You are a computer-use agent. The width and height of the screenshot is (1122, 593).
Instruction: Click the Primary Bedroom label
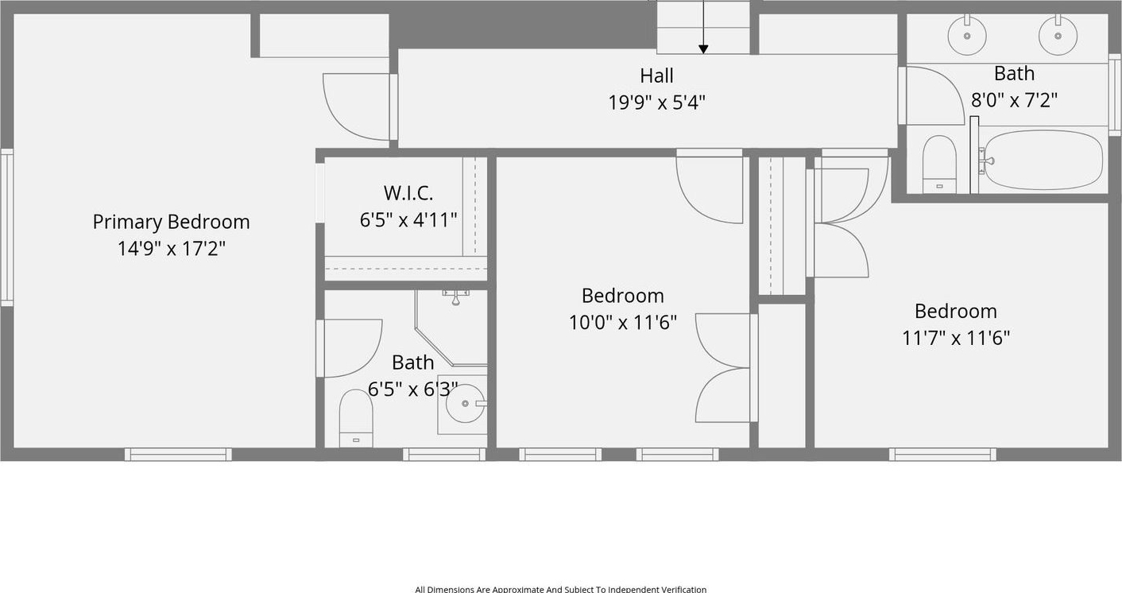tap(171, 222)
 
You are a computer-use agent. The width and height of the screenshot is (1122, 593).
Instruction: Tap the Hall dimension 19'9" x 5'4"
tap(656, 103)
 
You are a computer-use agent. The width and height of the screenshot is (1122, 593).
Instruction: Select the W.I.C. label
tap(408, 192)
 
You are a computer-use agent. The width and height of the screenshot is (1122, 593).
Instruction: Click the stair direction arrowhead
tap(703, 49)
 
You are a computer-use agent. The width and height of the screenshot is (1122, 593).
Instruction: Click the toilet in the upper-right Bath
tap(939, 164)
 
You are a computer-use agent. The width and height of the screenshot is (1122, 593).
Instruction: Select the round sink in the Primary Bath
tap(466, 404)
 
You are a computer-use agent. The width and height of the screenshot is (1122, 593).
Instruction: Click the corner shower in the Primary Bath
tap(451, 328)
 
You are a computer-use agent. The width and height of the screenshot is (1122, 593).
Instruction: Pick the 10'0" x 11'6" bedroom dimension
tap(623, 322)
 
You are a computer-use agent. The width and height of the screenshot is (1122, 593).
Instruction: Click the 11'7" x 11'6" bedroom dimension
tap(956, 338)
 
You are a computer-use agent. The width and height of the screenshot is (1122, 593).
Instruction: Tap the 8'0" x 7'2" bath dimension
tap(1014, 100)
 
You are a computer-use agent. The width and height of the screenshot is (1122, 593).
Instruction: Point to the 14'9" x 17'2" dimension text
tap(172, 249)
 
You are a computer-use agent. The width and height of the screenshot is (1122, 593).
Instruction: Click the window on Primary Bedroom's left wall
tap(6, 227)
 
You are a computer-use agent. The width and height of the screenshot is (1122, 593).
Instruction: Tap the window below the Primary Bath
tap(444, 455)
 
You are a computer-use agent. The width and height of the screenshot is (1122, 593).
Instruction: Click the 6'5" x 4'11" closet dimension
tap(408, 220)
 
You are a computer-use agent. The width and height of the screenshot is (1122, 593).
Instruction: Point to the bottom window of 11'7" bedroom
tap(942, 455)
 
